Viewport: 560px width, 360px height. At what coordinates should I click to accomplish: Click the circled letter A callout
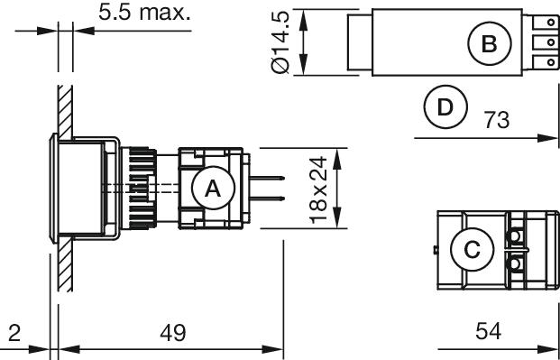[213, 188]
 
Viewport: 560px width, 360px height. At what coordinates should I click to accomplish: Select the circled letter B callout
[490, 43]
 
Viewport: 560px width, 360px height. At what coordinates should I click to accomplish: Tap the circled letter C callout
[473, 250]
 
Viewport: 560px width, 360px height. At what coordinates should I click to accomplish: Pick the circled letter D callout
[445, 106]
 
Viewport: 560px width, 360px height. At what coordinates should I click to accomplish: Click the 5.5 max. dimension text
[144, 13]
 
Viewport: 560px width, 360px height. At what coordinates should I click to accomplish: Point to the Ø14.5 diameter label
[280, 42]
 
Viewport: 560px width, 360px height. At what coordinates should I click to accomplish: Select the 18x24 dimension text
[317, 189]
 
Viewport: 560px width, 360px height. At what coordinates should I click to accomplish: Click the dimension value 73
[497, 120]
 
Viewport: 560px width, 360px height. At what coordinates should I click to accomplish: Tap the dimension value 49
[173, 334]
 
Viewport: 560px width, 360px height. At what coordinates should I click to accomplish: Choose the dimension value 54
[488, 331]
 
